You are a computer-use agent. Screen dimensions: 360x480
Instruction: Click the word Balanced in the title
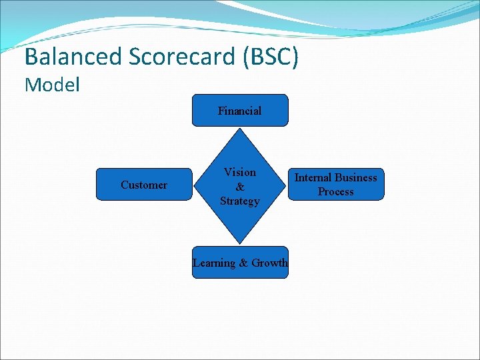71,57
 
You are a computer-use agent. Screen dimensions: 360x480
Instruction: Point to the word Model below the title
52,85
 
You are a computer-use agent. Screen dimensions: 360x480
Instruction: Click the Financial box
240,111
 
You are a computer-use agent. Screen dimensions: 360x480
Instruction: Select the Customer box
144,185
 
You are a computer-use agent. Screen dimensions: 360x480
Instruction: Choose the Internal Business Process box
336,185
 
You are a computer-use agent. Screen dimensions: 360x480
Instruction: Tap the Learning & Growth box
240,263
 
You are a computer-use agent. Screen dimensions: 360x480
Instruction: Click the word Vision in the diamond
240,172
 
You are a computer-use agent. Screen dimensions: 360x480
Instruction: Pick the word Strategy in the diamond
240,201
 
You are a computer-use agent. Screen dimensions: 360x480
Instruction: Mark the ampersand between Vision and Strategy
240,187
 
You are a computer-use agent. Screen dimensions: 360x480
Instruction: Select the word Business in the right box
356,177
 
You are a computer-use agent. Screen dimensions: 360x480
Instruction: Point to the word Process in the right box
336,192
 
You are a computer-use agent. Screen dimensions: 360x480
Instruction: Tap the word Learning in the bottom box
214,263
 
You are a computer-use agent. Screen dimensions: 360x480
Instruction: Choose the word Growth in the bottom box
269,263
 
